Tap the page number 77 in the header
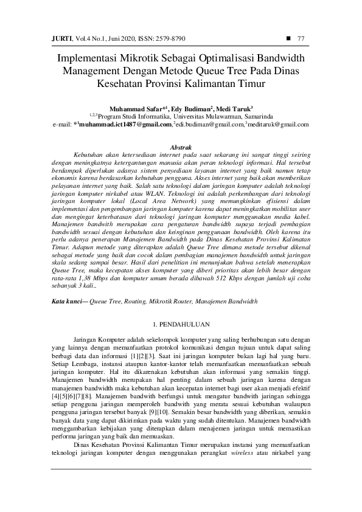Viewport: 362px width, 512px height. pos(301,39)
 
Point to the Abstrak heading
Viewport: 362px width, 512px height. pos(181,148)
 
